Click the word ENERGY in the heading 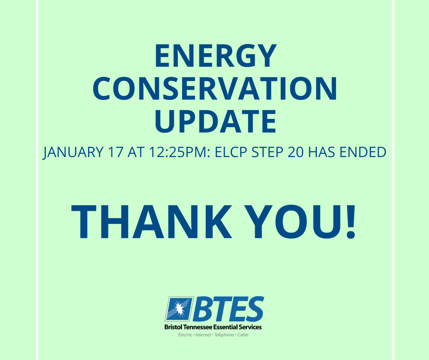[216, 55]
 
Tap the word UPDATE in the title [216, 121]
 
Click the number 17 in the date [115, 152]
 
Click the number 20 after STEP [295, 152]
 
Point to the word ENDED [363, 152]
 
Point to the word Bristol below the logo [173, 327]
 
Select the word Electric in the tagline [185, 335]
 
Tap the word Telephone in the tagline [224, 335]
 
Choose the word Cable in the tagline [243, 335]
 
